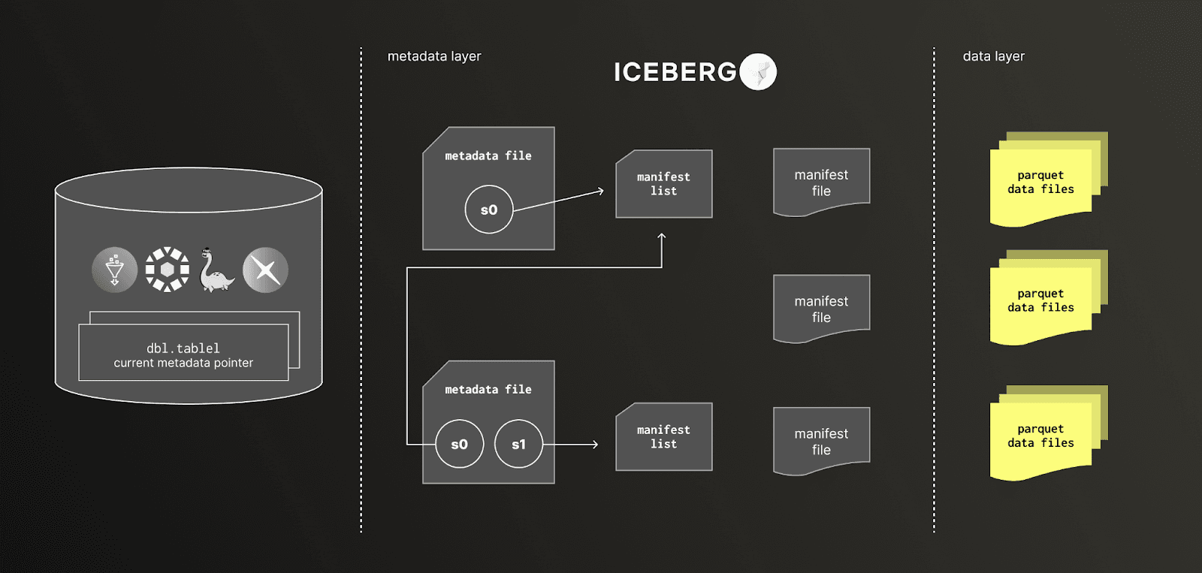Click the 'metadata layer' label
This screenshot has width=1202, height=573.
tap(434, 56)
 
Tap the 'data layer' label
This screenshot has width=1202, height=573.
tap(993, 56)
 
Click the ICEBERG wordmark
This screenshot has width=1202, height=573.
tap(675, 72)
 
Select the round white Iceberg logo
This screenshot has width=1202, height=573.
tap(758, 72)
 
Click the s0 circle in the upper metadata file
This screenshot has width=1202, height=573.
tap(488, 210)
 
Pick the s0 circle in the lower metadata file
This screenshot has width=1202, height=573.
tap(459, 444)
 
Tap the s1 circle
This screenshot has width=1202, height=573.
tap(518, 444)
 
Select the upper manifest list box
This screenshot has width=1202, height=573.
tap(663, 184)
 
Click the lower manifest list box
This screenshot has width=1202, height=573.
tap(663, 437)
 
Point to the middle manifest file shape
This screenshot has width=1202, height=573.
tap(821, 309)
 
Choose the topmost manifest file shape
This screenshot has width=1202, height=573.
tap(821, 182)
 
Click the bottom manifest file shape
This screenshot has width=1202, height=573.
tap(821, 442)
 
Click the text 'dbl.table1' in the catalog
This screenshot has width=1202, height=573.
tap(183, 348)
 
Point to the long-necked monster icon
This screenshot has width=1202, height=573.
tap(215, 270)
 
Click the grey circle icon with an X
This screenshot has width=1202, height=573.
tap(265, 270)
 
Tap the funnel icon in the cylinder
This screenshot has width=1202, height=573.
tap(114, 270)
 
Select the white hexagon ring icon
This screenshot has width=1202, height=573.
tap(167, 270)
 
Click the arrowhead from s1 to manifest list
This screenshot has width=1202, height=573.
tap(595, 445)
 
